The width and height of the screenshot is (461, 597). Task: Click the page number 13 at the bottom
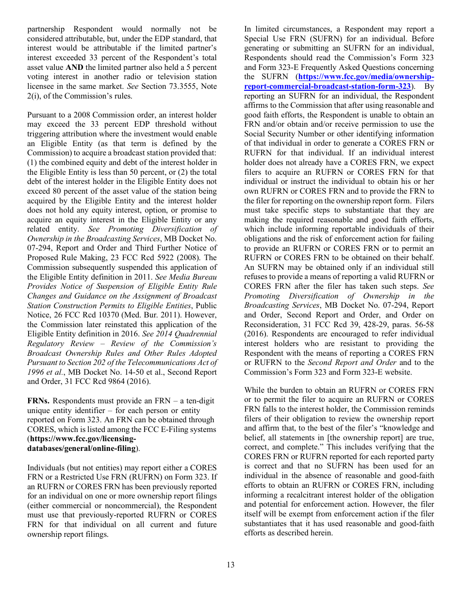pyautogui.click(x=230, y=564)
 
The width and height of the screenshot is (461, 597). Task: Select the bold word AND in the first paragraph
pyautogui.click(x=74, y=67)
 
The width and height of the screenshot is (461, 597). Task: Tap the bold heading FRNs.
pyautogui.click(x=38, y=401)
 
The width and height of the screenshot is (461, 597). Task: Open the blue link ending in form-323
pyautogui.click(x=328, y=86)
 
